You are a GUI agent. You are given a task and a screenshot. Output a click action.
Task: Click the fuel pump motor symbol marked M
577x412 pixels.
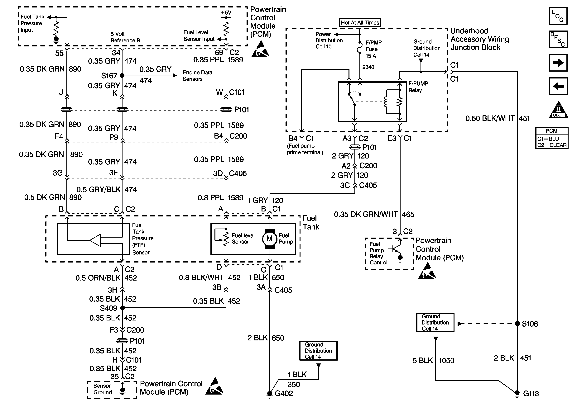[x=269, y=239]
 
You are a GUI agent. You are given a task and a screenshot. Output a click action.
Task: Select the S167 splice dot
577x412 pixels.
[x=122, y=75]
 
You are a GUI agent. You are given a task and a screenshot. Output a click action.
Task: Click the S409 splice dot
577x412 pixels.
[x=122, y=308]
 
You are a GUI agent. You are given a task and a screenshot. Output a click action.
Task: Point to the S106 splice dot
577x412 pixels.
[x=517, y=324]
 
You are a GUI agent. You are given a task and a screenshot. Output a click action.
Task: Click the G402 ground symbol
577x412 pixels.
[x=270, y=394]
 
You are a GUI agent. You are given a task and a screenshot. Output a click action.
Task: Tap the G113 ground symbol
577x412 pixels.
[x=517, y=393]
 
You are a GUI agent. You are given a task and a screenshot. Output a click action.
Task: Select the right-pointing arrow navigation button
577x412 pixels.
[x=558, y=63]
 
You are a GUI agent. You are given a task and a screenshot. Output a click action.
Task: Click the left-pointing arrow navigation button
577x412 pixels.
[x=558, y=86]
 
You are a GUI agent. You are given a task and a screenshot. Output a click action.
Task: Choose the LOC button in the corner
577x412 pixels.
[x=558, y=16]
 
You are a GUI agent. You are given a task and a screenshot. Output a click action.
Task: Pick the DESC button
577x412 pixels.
[x=558, y=39]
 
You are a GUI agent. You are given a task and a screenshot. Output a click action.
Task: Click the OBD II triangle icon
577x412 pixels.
[x=558, y=111]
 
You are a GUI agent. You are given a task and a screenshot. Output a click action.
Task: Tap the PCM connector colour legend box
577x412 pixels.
[x=552, y=138]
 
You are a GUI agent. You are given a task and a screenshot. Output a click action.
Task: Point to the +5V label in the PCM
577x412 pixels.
[x=226, y=13]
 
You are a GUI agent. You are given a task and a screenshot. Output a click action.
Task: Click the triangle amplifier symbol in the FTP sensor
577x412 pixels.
[x=96, y=240]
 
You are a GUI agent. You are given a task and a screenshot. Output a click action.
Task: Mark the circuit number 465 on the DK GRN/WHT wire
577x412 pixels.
[x=408, y=214]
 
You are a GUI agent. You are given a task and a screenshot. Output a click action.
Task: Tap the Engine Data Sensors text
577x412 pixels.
[x=197, y=76]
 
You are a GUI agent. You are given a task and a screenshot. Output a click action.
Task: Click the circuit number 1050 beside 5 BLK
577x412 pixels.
[x=446, y=361]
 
